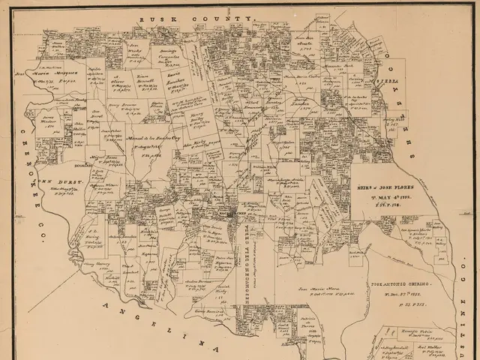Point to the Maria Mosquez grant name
56,73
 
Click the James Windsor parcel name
51,123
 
